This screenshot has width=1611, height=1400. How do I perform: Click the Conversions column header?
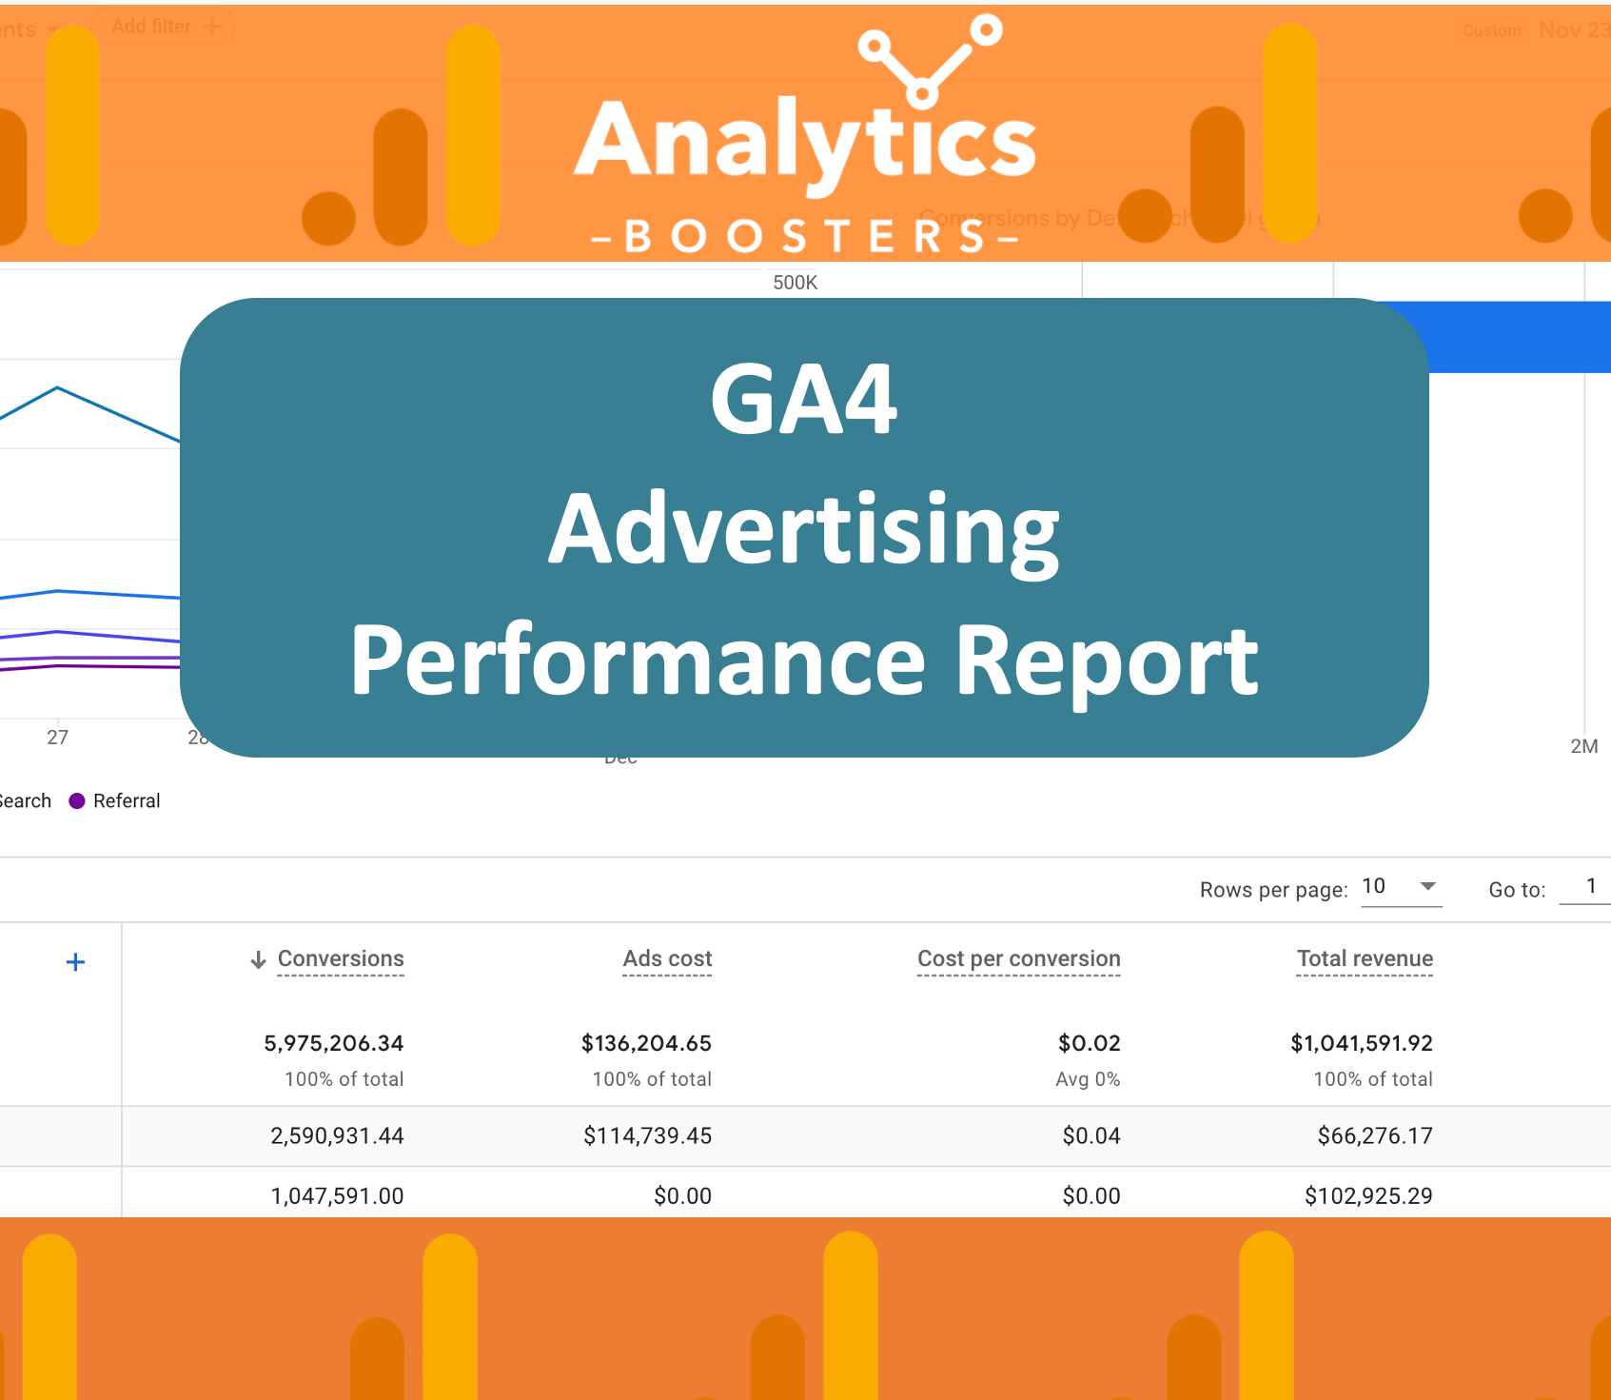[340, 958]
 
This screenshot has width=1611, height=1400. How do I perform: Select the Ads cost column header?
[667, 958]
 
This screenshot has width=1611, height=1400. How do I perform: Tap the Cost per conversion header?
[1018, 958]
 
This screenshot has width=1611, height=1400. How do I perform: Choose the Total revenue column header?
[1365, 958]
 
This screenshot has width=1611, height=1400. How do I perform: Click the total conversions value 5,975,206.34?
[333, 1043]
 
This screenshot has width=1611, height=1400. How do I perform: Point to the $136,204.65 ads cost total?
[646, 1043]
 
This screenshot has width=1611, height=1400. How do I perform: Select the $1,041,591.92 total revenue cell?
[1361, 1043]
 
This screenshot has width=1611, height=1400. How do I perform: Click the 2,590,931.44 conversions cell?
[337, 1135]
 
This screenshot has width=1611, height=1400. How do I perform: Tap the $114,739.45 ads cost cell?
[647, 1135]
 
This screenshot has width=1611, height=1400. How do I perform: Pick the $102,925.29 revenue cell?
[1367, 1195]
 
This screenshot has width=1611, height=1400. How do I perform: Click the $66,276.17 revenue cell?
[1374, 1135]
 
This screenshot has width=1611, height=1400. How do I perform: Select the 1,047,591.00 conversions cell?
[337, 1195]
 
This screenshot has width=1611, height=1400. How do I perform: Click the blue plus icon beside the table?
[75, 962]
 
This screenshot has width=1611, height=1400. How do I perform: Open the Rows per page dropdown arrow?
[1427, 886]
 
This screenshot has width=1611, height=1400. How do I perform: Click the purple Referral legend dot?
[77, 801]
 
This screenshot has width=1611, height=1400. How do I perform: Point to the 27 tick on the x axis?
[57, 738]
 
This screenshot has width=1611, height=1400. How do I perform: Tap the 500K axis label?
[795, 283]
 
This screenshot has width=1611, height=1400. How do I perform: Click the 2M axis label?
[1583, 747]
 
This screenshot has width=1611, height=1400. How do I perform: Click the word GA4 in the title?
[804, 400]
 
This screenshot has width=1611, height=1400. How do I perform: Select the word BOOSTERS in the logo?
[804, 237]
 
